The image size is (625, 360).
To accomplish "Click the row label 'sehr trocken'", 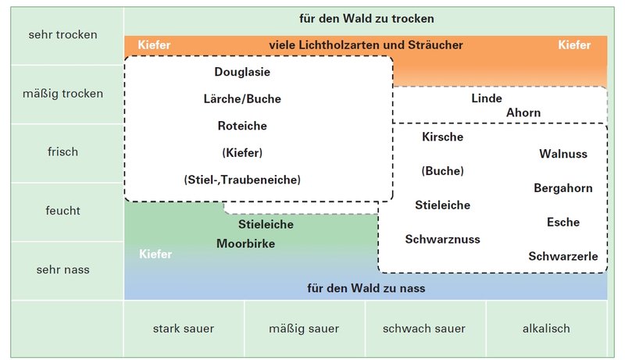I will click(62, 34).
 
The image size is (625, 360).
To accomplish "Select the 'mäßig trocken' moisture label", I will click(62, 94).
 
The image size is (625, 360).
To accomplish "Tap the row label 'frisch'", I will click(62, 151).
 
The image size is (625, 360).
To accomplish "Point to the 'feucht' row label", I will click(62, 211).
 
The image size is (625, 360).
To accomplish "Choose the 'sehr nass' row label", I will click(62, 270).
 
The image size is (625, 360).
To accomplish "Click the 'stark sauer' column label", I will click(184, 329).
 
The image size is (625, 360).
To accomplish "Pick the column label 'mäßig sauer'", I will click(305, 329).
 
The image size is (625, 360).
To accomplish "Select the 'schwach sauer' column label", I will click(425, 329).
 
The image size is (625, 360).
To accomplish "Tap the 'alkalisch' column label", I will click(546, 329).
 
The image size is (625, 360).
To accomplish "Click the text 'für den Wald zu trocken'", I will click(366, 18).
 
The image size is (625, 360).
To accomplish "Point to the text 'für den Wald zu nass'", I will click(366, 288).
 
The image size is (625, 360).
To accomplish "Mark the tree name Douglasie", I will click(242, 72).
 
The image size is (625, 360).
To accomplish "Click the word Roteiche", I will click(242, 126).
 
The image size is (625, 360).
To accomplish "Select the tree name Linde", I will click(487, 98).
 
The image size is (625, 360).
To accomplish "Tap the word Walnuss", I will click(563, 154).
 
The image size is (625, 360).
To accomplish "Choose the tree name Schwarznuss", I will click(442, 239).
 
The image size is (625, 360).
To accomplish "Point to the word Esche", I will click(563, 223).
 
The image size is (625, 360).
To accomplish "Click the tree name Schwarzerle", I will click(563, 256).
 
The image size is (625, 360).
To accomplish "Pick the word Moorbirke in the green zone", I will click(245, 244).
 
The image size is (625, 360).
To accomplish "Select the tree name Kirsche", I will click(442, 137).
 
